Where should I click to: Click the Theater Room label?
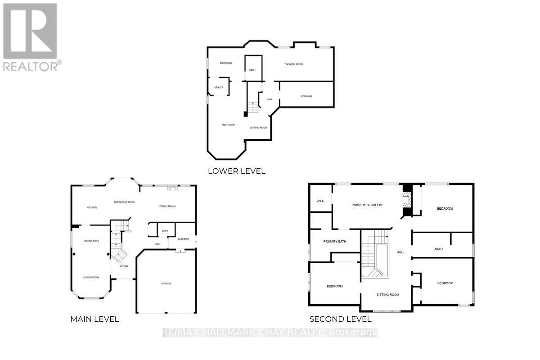293,64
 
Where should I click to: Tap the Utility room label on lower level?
219,87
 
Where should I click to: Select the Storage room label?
306,96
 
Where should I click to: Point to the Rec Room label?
228,125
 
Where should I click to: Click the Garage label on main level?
166,283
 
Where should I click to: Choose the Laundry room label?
183,239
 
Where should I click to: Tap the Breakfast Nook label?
125,202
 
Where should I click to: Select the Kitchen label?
92,207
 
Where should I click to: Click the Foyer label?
124,266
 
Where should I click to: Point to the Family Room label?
167,206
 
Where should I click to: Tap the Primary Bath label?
335,242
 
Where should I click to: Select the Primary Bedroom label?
367,205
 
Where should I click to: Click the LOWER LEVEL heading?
236,171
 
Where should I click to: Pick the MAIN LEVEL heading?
94,319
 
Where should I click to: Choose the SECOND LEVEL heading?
340,319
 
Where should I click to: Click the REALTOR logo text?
31,67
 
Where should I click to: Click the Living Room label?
91,277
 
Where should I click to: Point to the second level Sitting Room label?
388,295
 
